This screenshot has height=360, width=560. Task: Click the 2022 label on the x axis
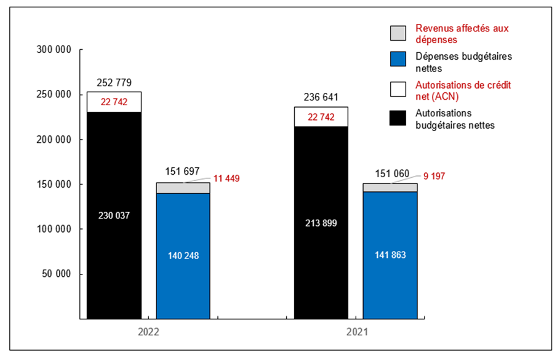click(x=148, y=331)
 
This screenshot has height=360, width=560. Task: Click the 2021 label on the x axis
click(x=356, y=331)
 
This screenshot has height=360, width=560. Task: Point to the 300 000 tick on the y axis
click(x=55, y=50)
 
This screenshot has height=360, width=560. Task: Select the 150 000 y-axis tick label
click(x=55, y=184)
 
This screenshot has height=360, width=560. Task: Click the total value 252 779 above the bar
click(x=114, y=82)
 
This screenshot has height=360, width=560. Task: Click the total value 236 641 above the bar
click(x=321, y=97)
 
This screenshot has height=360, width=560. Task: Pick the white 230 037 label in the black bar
click(x=114, y=215)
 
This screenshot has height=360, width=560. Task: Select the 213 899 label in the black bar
click(x=321, y=223)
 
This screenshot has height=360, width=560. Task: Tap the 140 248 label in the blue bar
click(x=183, y=256)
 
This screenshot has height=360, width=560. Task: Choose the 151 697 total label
click(x=183, y=172)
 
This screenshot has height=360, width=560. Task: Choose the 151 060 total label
click(x=390, y=173)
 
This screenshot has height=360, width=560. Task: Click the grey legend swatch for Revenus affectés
click(x=398, y=33)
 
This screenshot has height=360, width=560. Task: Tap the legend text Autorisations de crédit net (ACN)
click(x=455, y=90)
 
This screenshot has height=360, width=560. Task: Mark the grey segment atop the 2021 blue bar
click(x=390, y=187)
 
